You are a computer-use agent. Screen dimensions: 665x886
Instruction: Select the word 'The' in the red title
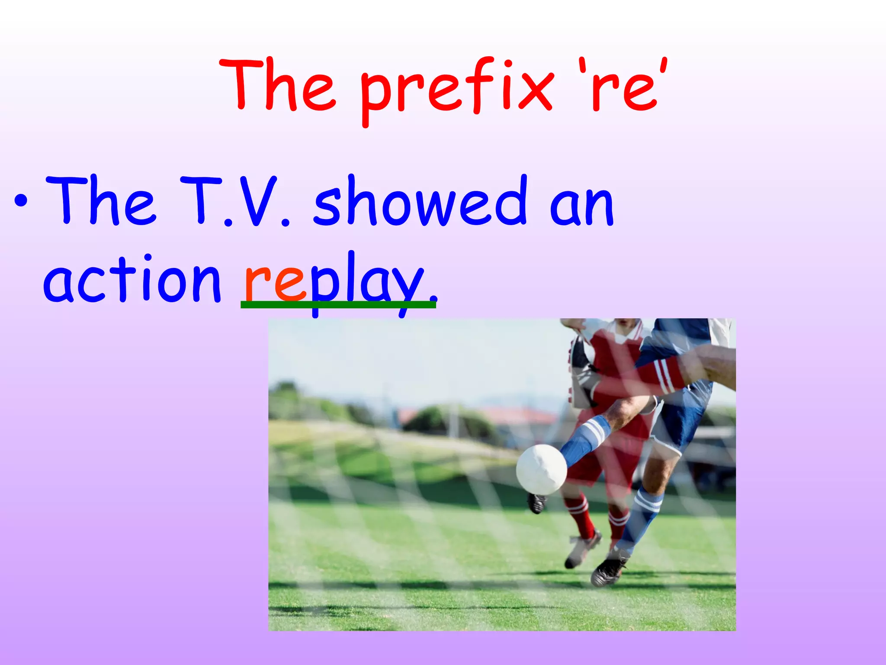click(x=277, y=84)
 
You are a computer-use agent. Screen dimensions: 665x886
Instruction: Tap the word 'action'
click(x=132, y=279)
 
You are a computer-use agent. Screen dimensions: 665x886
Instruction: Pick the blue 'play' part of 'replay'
click(x=368, y=281)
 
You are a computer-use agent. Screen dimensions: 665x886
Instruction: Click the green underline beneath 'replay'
click(x=337, y=305)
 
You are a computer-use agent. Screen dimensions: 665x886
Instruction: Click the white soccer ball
click(x=541, y=469)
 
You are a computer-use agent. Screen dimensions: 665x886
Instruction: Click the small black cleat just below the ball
click(x=536, y=503)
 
